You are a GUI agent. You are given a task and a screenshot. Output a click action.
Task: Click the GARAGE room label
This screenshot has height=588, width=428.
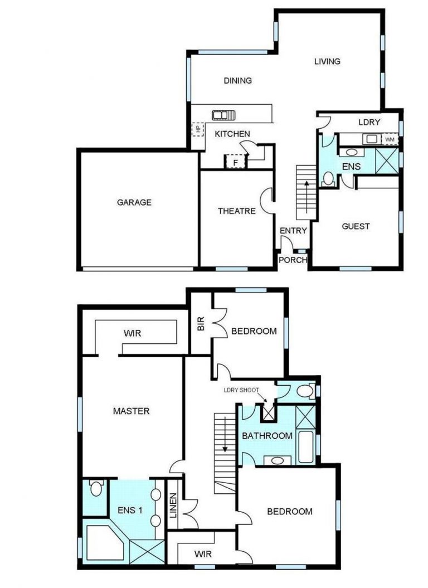point(134,202)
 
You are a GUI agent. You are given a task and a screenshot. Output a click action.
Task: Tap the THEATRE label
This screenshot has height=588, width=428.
point(237,211)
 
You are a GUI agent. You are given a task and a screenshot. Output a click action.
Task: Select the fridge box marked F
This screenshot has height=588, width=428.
point(236,162)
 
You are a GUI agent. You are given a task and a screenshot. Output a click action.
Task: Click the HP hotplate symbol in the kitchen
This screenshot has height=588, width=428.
point(198,129)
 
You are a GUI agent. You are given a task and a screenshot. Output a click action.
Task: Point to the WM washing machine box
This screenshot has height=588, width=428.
point(390,140)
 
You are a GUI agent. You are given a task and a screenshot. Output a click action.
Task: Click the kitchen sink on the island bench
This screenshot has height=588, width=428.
point(223,115)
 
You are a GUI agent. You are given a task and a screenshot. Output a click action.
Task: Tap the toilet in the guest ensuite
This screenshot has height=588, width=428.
point(328,178)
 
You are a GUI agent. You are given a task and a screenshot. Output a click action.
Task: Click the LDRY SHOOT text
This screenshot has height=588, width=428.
point(241,390)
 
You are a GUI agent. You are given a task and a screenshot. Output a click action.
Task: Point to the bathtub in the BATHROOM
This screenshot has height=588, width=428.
point(305,447)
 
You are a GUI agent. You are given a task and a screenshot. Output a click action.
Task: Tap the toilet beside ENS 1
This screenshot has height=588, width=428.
point(96,488)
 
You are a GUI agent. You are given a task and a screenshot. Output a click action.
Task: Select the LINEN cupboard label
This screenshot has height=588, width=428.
point(173,506)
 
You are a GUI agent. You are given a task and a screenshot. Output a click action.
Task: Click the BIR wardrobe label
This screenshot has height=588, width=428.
point(201,324)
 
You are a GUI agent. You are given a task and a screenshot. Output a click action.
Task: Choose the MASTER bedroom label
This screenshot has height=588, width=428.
point(132,411)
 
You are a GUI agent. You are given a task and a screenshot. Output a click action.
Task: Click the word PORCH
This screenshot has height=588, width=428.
point(293,260)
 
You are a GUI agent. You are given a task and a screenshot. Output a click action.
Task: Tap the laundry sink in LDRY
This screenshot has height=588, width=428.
point(371,139)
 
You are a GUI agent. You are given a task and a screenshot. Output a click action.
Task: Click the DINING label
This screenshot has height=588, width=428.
point(238,81)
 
